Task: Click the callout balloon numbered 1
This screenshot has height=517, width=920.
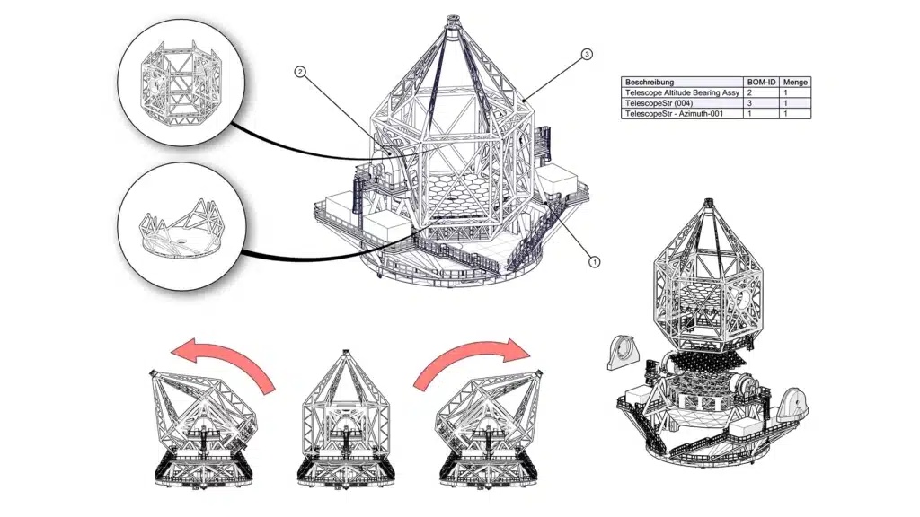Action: [593, 261]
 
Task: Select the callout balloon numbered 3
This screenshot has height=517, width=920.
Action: [587, 55]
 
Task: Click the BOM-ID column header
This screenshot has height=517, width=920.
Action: [762, 82]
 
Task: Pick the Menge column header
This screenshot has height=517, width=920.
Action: [795, 82]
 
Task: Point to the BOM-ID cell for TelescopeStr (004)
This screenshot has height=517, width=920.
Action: [762, 103]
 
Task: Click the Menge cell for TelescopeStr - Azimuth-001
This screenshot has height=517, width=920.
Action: [795, 114]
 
